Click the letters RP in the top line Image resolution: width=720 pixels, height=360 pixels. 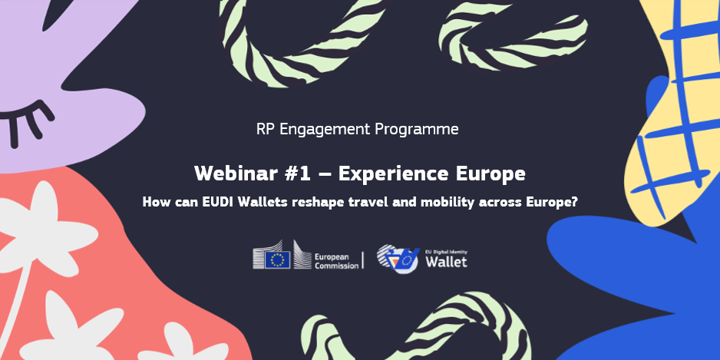click(266, 129)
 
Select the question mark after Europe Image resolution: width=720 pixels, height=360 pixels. click(573, 202)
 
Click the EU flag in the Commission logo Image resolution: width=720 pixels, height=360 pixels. click(277, 259)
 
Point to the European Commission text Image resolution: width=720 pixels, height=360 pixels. click(336, 261)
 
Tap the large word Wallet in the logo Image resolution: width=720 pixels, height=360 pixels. click(446, 262)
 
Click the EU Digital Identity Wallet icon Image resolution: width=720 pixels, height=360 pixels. click(398, 259)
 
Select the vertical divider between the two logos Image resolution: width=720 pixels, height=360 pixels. click(363, 260)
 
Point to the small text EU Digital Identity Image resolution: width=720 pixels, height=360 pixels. click(446, 252)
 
